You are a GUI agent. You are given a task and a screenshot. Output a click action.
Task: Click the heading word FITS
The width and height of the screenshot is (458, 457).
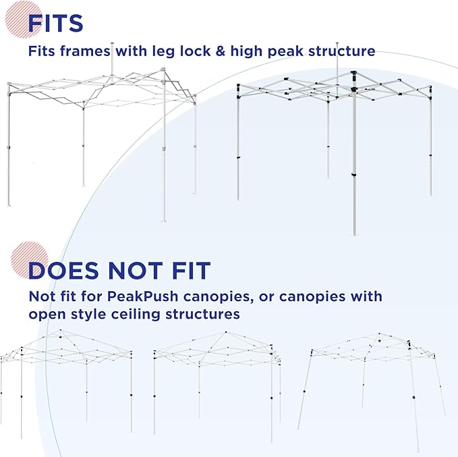click(x=55, y=23)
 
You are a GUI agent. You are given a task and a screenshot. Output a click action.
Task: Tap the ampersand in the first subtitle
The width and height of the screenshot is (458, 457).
click(x=221, y=51)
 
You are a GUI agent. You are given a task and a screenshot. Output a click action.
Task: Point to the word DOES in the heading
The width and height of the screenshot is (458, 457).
click(x=63, y=270)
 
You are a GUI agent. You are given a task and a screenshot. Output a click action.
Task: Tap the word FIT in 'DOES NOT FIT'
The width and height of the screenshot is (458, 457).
click(x=192, y=270)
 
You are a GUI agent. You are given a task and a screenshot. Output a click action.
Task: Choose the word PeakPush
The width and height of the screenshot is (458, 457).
click(x=142, y=296)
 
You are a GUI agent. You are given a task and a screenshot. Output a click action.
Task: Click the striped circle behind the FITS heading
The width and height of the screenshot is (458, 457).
click(x=24, y=20)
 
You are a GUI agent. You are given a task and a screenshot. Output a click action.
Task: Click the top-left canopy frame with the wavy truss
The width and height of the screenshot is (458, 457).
click(x=102, y=132)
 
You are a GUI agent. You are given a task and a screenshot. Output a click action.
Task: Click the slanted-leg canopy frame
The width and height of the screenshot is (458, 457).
click(x=372, y=392)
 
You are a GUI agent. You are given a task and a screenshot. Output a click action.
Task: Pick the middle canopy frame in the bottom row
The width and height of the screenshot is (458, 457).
click(x=217, y=386)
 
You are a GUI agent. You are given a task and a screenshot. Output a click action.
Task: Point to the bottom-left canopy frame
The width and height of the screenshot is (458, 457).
click(x=67, y=383)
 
